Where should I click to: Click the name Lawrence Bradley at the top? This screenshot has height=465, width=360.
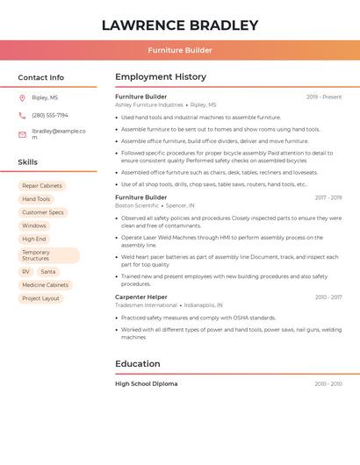(180, 25)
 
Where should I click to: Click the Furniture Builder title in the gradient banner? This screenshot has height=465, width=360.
(180, 50)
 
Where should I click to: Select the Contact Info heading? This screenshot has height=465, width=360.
(41, 77)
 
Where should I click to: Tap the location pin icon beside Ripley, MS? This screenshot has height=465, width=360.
(22, 97)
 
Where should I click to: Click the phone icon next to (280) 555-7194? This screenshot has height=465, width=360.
(22, 115)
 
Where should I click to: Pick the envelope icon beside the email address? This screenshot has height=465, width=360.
(22, 134)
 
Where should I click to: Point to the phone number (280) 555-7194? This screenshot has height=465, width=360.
(50, 115)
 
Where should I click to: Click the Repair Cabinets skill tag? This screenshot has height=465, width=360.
(42, 186)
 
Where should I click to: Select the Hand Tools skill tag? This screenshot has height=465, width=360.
(36, 199)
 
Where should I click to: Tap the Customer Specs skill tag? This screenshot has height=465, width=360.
(43, 212)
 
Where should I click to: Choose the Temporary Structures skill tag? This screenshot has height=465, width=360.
(48, 255)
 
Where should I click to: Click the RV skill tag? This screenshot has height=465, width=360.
(25, 272)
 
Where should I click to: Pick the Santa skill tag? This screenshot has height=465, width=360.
(48, 272)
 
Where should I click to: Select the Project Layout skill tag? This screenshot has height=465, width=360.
(40, 298)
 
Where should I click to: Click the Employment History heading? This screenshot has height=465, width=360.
(161, 77)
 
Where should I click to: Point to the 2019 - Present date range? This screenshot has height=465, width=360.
(324, 97)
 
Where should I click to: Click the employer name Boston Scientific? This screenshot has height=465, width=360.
(137, 205)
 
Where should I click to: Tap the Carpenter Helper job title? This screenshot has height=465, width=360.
(141, 297)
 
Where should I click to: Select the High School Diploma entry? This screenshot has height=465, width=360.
(146, 383)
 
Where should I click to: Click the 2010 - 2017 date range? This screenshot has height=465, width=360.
(328, 297)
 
